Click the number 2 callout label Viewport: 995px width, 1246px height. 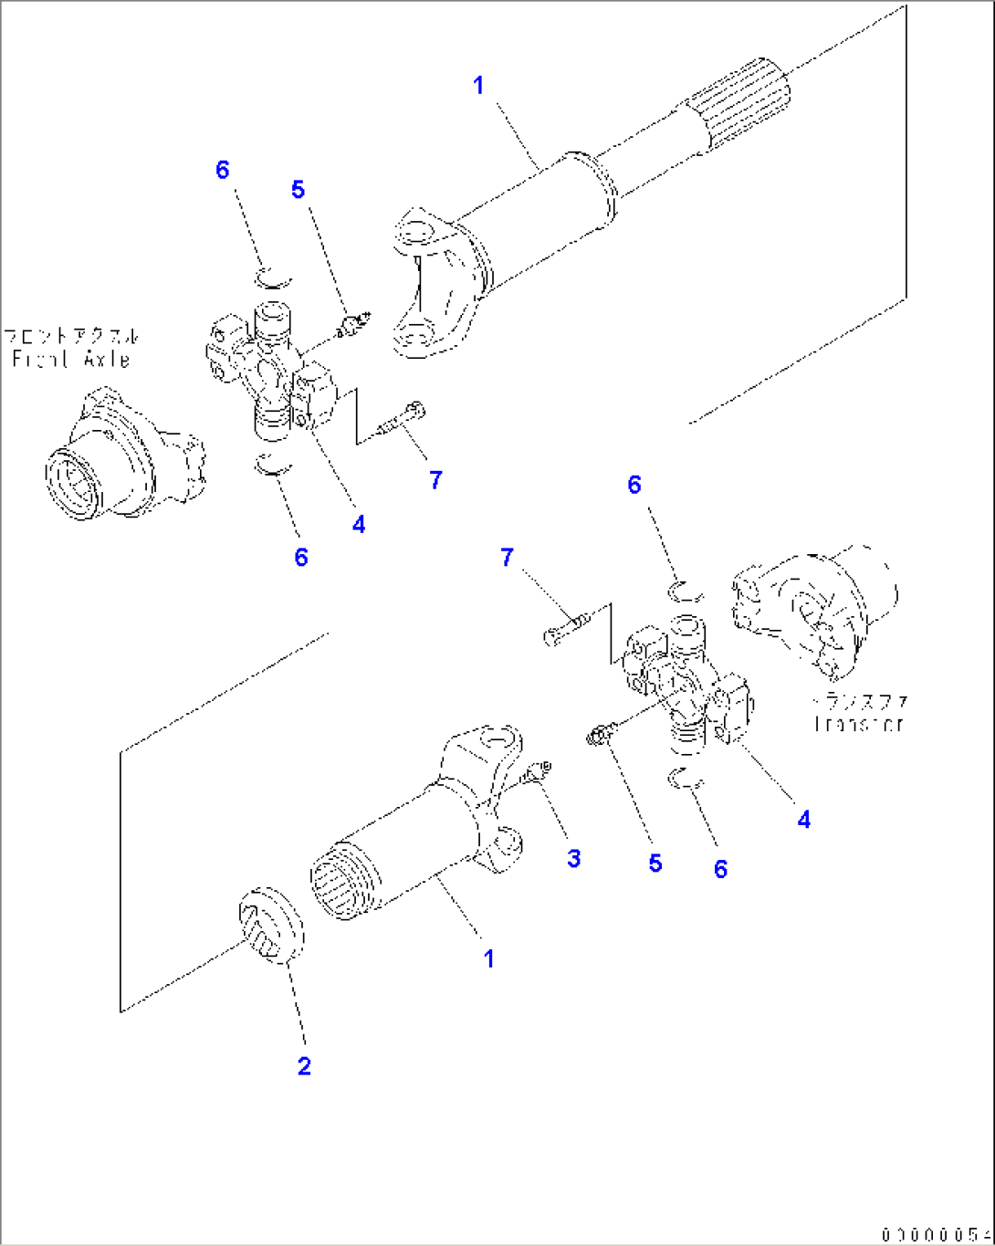304,1065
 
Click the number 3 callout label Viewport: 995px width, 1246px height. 573,858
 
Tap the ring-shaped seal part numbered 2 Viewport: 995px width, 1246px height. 270,924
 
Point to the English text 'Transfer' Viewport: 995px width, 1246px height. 858,724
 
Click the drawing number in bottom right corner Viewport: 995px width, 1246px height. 936,1235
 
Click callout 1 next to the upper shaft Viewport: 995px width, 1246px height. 478,86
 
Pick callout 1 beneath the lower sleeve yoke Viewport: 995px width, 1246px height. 489,958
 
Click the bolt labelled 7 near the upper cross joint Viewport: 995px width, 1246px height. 400,421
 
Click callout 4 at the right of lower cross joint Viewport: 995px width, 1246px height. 803,819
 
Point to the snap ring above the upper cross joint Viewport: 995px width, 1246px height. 272,277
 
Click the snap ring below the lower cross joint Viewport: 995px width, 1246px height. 686,779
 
